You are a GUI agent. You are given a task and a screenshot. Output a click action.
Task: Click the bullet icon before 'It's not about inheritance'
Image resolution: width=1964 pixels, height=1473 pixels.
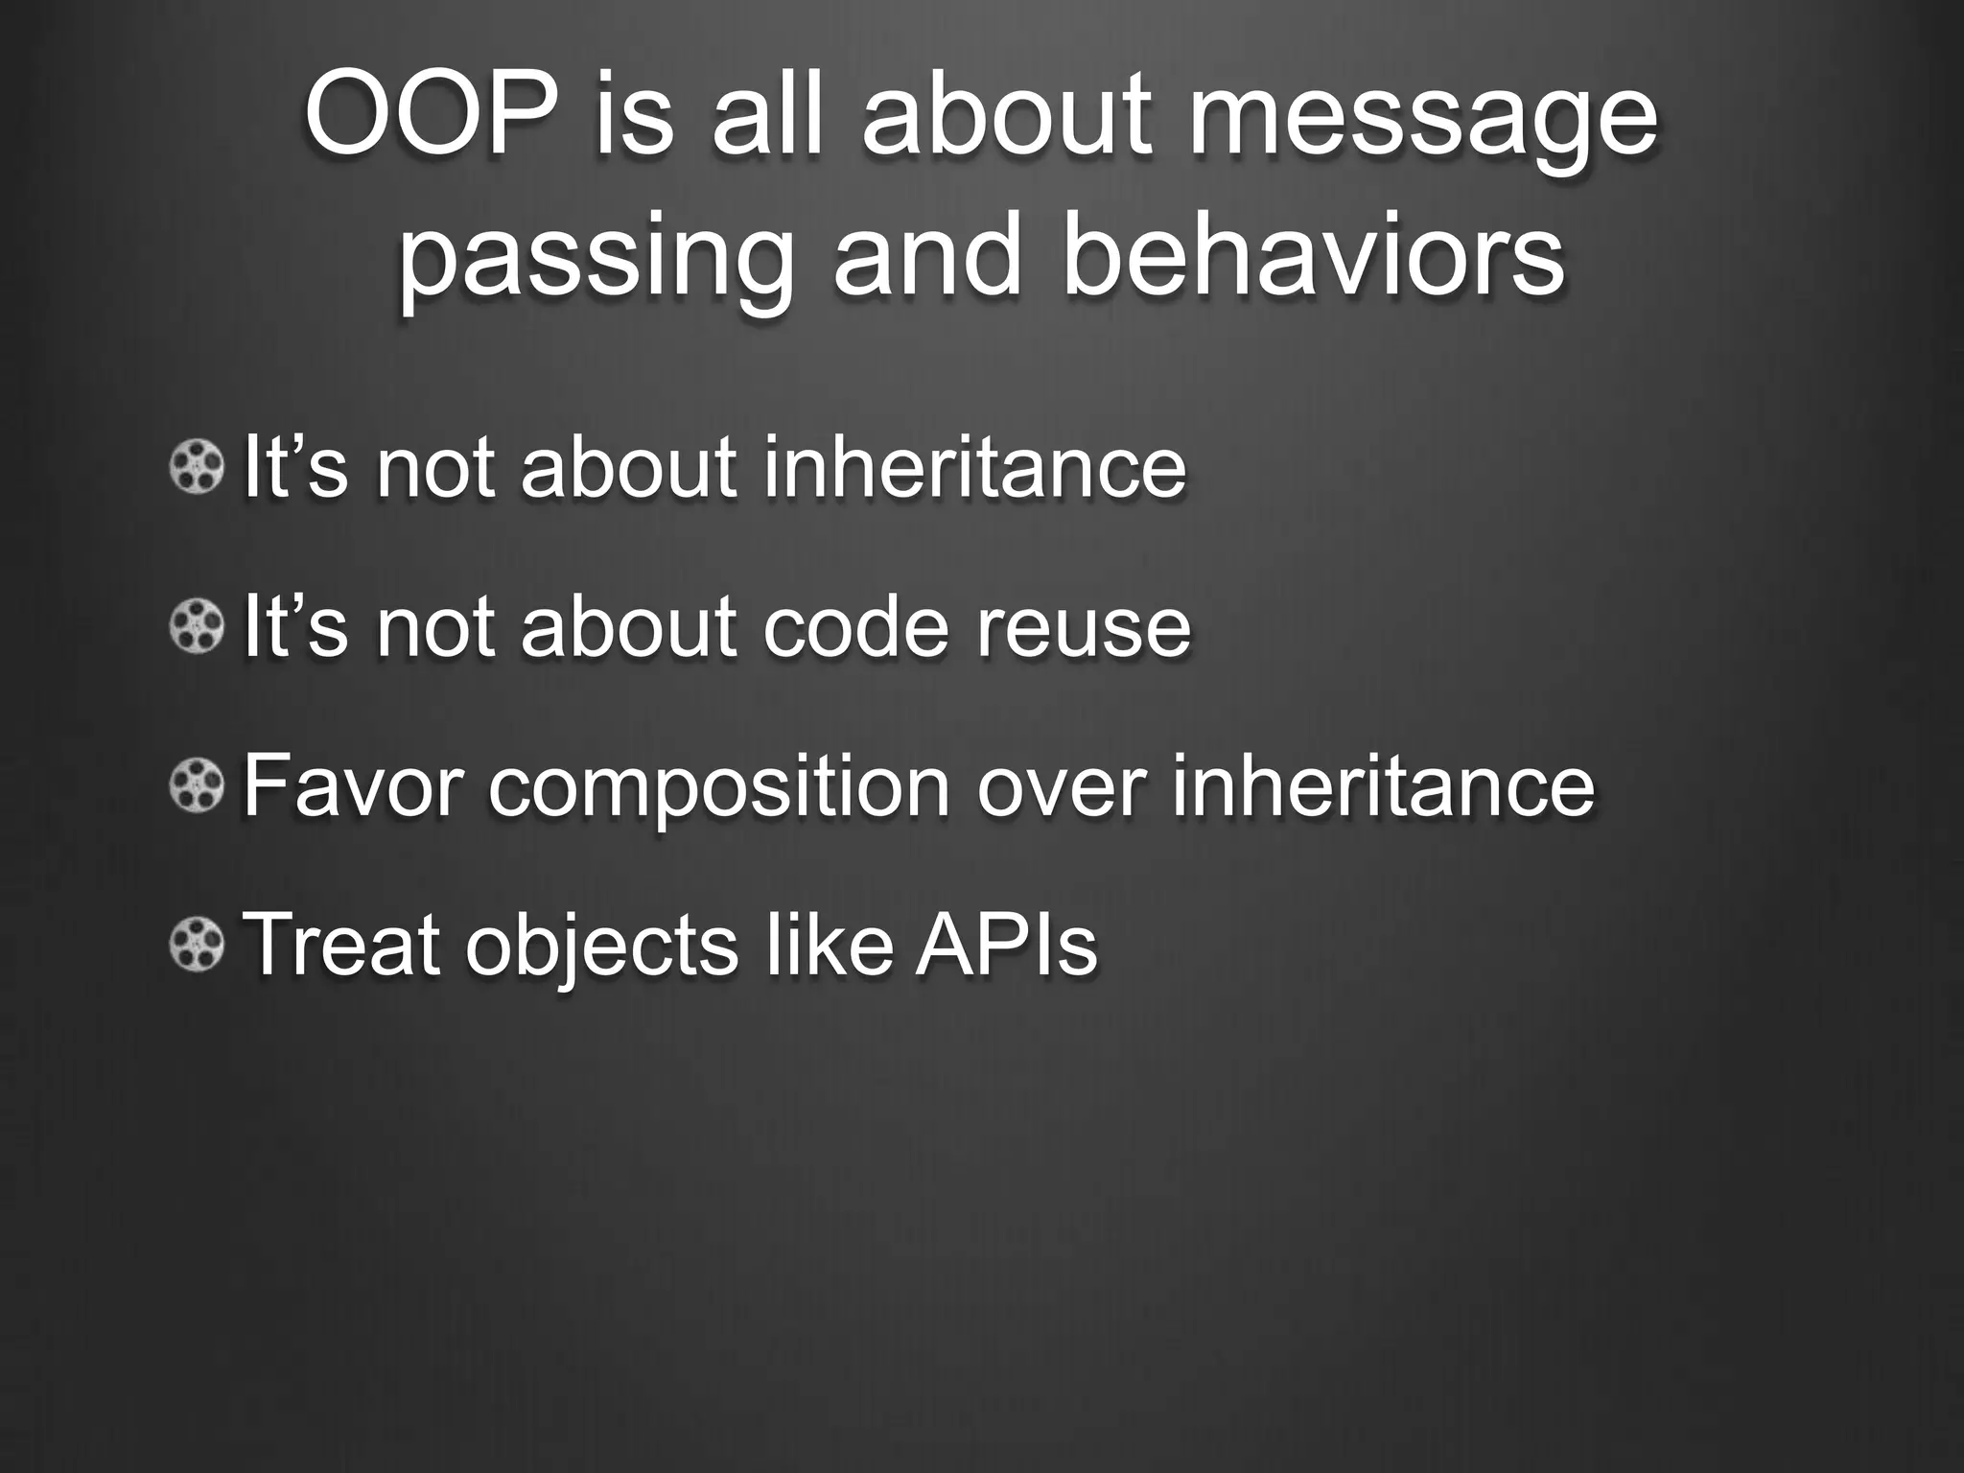[198, 467]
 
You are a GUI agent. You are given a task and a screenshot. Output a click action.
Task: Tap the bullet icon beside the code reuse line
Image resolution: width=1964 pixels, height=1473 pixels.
[198, 627]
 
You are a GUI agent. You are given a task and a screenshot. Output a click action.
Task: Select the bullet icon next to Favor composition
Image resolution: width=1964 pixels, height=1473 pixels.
[198, 786]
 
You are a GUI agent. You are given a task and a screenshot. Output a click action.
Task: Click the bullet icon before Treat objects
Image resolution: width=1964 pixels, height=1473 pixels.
[198, 945]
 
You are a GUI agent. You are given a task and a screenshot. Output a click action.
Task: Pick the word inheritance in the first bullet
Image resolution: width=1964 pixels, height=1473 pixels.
[974, 467]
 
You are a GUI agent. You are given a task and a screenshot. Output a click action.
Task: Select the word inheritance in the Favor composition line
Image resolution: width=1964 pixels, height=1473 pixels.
[1383, 786]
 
